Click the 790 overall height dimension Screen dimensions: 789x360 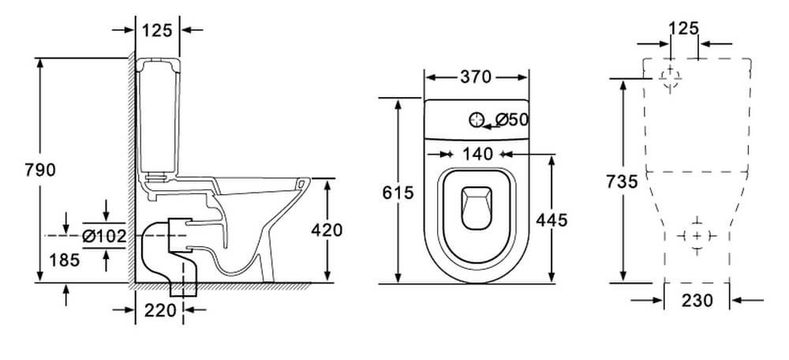point(40,171)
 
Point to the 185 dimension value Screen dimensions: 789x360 point(65,260)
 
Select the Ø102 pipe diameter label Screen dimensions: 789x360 point(104,235)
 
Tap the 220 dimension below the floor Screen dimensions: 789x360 point(160,310)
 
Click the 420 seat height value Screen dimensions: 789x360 point(327,230)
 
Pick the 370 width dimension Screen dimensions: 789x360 point(476,77)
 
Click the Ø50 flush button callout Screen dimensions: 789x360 point(512,120)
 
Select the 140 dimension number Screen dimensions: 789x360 point(477,154)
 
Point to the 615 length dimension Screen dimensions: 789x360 point(398,193)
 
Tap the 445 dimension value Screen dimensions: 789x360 point(552,220)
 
